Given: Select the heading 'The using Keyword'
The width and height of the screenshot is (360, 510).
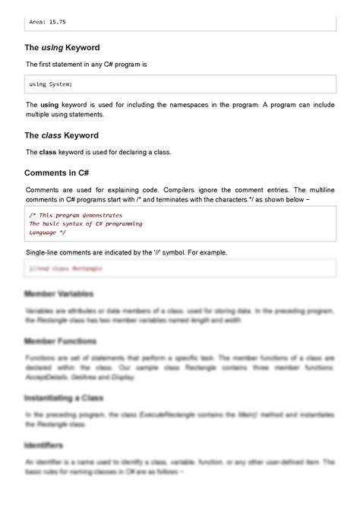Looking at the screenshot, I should [x=62, y=47].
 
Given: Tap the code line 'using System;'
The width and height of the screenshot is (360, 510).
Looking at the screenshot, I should [x=51, y=84].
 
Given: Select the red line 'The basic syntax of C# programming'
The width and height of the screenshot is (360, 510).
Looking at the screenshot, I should [x=85, y=224].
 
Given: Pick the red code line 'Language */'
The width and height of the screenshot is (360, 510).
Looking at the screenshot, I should [x=47, y=233].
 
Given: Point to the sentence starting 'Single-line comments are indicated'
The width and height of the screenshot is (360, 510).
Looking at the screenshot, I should [x=126, y=252].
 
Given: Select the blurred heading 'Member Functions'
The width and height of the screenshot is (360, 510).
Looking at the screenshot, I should [x=61, y=341].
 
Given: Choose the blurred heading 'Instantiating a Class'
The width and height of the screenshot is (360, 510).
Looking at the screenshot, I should [x=65, y=398].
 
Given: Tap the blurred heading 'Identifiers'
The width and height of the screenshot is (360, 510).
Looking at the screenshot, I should [x=44, y=445].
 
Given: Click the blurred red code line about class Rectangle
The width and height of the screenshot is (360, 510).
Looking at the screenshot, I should [x=66, y=269].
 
